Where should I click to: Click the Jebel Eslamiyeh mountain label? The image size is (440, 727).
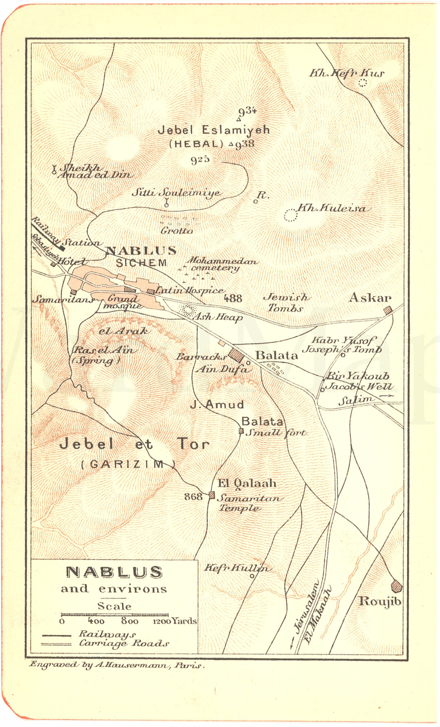213,130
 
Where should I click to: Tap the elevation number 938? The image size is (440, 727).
245,144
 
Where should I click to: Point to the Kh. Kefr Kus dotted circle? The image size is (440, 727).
363,83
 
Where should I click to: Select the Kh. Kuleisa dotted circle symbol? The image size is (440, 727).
290,215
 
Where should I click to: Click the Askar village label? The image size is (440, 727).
370,298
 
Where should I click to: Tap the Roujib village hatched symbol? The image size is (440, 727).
396,586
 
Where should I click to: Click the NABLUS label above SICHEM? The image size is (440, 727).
141,251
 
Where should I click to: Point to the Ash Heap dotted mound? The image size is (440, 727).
187,311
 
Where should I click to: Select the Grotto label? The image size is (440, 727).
177,231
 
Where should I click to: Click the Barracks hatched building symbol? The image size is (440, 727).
236,355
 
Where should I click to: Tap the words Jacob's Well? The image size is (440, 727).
359,386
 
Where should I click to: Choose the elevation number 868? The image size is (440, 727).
193,496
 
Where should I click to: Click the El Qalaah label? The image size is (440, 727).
247,484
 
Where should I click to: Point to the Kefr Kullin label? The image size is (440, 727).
236,568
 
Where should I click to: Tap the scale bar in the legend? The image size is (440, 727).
114,615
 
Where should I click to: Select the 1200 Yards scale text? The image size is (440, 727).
174,621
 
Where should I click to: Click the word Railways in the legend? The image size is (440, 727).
107,634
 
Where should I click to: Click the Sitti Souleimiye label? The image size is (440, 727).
176,193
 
